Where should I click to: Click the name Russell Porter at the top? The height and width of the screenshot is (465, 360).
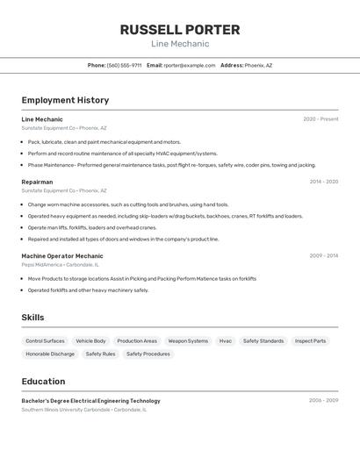[180, 29]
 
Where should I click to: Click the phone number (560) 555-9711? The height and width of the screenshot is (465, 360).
[124, 65]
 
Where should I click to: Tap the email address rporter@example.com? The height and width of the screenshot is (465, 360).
[190, 65]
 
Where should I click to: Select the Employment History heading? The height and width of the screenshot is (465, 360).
[65, 100]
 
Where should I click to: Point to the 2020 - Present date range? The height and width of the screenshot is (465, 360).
[320, 119]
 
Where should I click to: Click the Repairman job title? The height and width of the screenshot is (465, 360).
[38, 182]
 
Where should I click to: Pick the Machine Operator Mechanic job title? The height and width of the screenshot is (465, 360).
[62, 256]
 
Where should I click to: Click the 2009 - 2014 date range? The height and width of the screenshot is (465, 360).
[323, 256]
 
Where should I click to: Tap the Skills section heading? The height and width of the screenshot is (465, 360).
[32, 318]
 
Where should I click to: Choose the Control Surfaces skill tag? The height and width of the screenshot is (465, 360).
[45, 340]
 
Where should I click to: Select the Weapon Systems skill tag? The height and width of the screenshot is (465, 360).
[188, 340]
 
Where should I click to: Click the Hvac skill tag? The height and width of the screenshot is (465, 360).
[226, 340]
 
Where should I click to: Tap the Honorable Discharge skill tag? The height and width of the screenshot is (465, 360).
[50, 354]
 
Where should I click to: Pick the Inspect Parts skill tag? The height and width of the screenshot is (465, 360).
[310, 340]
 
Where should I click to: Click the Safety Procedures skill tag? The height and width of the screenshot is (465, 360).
[148, 354]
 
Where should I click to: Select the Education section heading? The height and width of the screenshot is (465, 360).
[43, 382]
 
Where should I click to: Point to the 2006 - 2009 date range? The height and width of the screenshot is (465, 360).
[323, 401]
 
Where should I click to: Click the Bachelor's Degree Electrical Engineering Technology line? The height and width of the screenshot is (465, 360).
[90, 401]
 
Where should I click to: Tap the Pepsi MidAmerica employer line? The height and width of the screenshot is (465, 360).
[60, 264]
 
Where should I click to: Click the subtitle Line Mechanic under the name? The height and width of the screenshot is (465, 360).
[180, 44]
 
